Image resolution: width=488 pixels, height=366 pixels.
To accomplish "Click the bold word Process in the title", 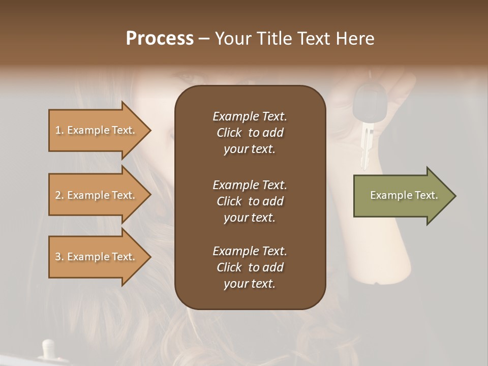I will point(160,39).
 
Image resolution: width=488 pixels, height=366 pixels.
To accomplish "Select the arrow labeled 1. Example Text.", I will point(97,130).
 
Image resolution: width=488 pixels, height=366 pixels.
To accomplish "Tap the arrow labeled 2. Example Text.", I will point(97,195).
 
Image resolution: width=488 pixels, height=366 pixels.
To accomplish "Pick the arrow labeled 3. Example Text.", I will point(97,257).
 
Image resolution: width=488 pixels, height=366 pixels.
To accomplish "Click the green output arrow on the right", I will point(402,196).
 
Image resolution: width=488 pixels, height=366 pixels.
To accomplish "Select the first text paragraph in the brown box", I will point(250,133).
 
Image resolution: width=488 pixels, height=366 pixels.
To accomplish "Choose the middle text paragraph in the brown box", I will point(250,201).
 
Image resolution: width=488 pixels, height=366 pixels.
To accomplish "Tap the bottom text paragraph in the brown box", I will point(250,267).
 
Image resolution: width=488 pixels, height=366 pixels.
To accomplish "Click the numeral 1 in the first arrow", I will point(57,131).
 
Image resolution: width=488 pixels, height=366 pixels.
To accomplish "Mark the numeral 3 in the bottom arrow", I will point(58,257).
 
